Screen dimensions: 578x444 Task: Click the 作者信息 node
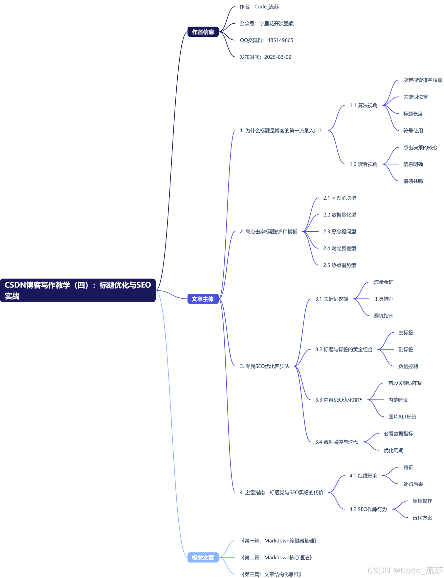203,32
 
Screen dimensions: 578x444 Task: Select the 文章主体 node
203,299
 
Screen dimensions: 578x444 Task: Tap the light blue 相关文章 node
203,558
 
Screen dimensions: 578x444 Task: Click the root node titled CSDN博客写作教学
78,290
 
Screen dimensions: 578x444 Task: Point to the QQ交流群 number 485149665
280,40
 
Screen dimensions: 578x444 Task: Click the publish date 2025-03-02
277,57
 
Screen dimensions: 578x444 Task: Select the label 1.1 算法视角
363,105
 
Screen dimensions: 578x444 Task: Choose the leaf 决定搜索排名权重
423,80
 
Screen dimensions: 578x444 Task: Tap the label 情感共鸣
413,181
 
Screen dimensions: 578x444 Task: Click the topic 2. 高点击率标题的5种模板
268,232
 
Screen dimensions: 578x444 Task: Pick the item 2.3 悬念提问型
339,232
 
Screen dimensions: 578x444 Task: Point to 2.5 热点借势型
339,265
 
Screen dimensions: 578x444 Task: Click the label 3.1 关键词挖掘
331,299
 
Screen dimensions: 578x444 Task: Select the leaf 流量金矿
383,282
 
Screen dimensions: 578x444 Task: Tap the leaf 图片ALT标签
402,417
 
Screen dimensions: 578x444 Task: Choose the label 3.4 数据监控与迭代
336,442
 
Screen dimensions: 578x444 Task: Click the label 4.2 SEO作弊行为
368,509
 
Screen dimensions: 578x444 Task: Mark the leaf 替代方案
422,518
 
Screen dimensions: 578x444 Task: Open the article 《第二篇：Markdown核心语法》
277,558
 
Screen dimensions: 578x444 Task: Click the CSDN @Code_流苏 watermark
405,570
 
